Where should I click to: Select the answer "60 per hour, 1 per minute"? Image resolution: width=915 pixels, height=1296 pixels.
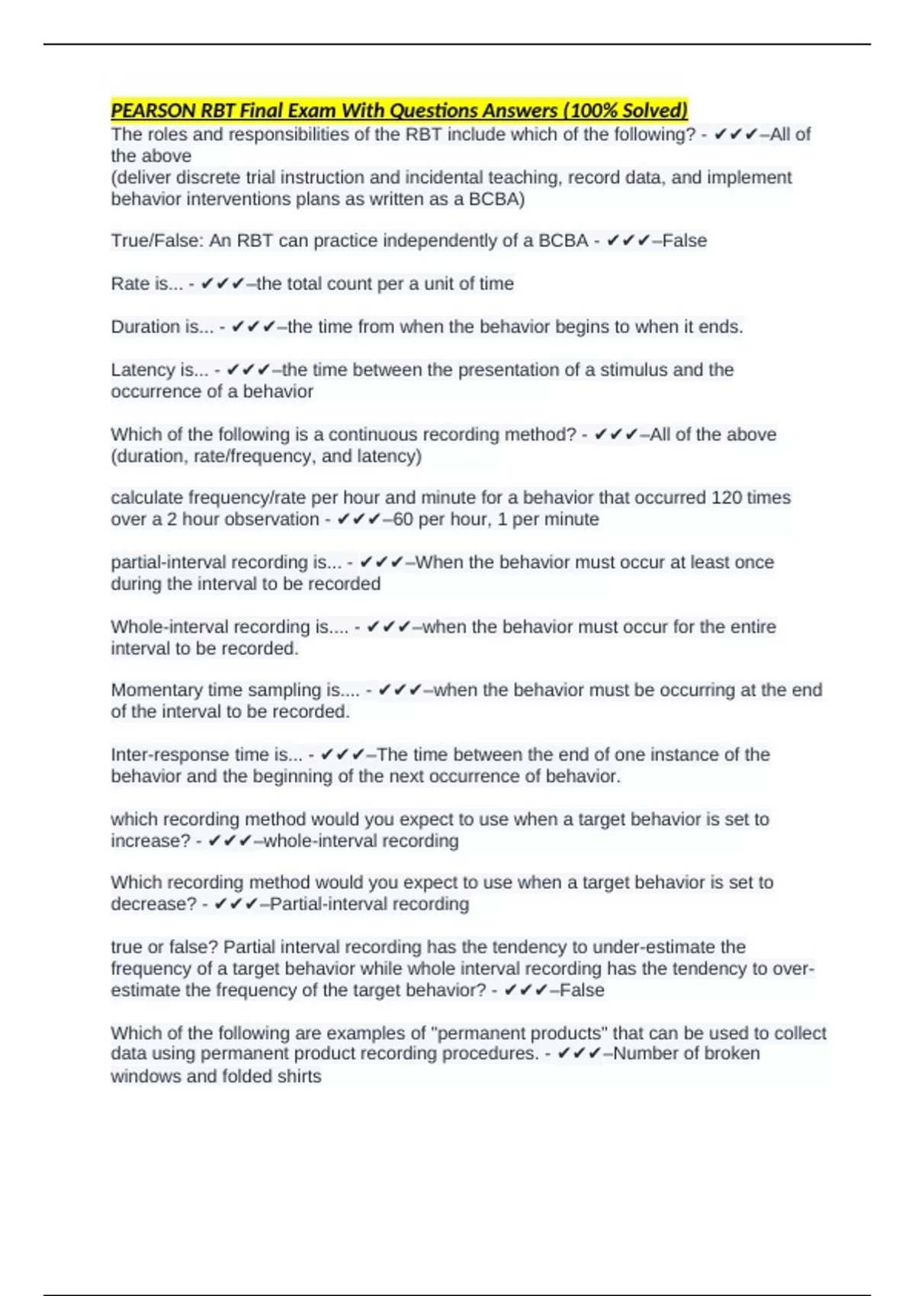[x=496, y=520]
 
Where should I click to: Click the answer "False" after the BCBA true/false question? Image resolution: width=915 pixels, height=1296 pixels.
[x=685, y=241]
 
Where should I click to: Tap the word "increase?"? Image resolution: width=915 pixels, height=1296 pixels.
[x=150, y=841]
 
